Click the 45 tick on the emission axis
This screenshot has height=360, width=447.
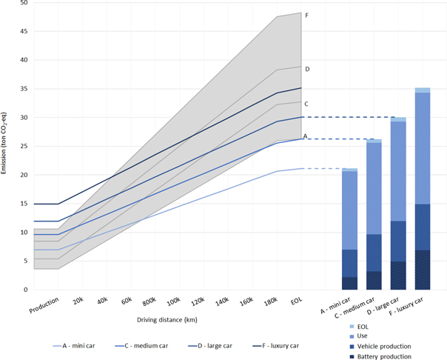pos(22,31)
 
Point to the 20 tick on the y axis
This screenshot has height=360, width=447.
pos(22,175)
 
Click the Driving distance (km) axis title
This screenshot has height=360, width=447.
pos(167,319)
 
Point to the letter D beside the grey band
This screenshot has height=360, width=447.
pos(307,69)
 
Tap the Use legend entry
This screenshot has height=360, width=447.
pos(363,336)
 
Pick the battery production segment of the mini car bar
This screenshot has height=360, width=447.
pos(350,283)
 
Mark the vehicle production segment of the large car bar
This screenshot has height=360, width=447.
pos(398,241)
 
